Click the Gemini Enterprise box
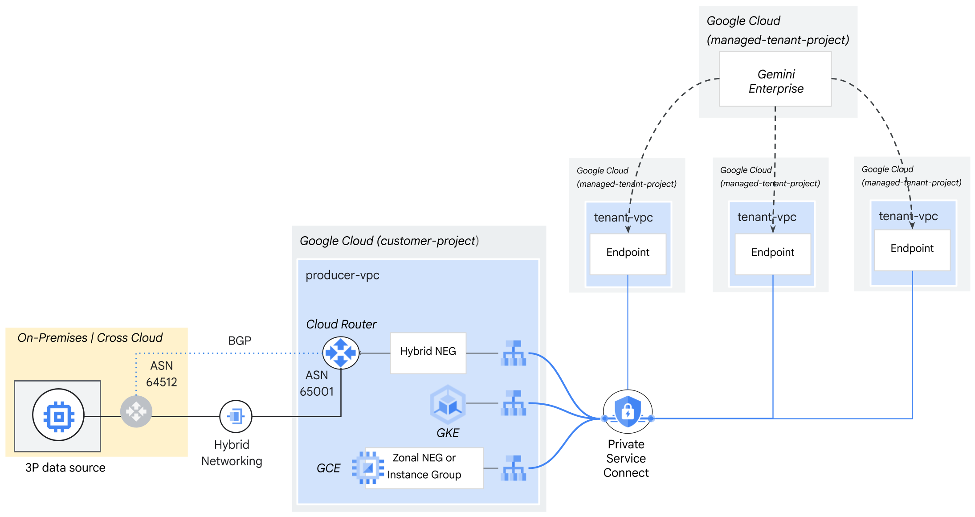775,79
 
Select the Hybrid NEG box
428,353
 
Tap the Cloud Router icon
341,353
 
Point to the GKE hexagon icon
448,404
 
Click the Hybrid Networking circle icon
236,416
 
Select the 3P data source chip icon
58,415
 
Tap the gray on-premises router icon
136,411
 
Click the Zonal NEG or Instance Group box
424,467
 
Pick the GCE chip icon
367,468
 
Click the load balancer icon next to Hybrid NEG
514,353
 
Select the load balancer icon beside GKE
514,403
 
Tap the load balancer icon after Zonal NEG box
514,468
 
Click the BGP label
240,341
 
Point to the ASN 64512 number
161,382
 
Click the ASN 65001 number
316,391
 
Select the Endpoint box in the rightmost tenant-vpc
912,249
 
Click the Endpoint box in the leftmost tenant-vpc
628,253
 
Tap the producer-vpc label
342,275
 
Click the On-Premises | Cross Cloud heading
90,337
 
